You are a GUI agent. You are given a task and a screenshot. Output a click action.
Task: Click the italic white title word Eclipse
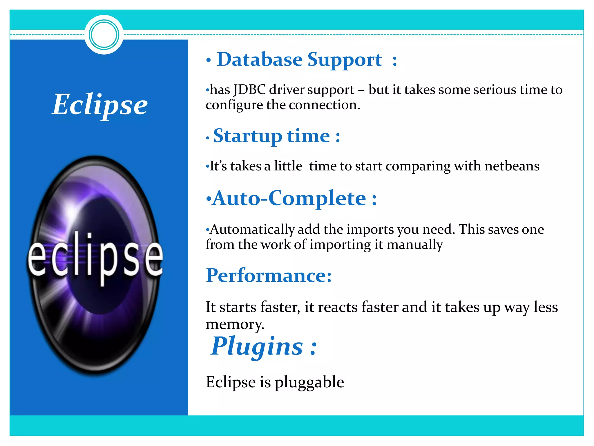(100, 105)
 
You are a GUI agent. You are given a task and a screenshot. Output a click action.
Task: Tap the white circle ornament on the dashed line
(104, 35)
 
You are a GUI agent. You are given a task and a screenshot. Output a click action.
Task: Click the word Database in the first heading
(260, 60)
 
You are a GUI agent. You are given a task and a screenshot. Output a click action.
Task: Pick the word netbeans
(512, 166)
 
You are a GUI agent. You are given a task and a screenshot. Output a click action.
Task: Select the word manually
(415, 245)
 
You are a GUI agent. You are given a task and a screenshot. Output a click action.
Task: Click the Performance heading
(269, 275)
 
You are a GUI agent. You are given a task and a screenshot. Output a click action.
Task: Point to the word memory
(235, 324)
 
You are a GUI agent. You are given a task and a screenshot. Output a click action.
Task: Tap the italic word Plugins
(257, 346)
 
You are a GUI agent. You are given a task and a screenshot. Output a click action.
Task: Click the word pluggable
(309, 382)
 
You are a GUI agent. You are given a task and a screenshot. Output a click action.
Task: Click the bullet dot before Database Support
(208, 60)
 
